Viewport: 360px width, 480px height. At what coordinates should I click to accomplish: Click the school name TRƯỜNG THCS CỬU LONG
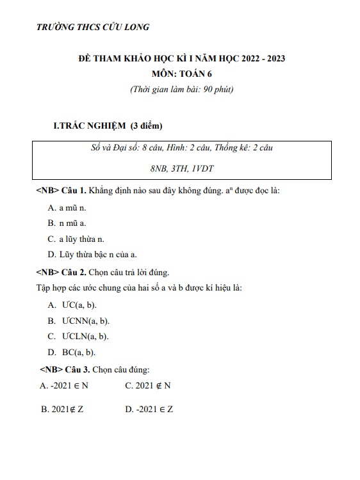click(x=94, y=27)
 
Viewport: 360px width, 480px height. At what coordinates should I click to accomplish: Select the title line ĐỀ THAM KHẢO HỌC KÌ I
click(x=181, y=59)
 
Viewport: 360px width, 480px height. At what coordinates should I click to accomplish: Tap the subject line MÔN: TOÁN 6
click(x=180, y=74)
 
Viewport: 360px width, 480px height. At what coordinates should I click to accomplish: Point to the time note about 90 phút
click(x=181, y=89)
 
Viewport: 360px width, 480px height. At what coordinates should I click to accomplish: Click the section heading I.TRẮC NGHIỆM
click(x=108, y=125)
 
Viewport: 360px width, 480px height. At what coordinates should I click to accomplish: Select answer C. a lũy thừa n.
click(x=76, y=239)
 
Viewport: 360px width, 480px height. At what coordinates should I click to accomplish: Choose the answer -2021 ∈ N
click(x=64, y=385)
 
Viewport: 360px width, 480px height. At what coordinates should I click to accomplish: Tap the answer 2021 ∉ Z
click(x=62, y=408)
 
